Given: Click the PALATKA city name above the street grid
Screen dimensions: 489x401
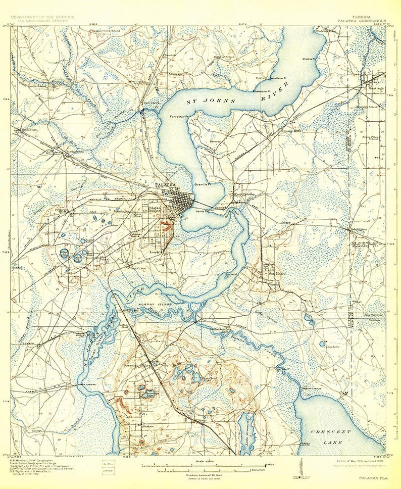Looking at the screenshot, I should click(165, 184).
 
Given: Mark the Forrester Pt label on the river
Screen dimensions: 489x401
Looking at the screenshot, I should click(179, 116).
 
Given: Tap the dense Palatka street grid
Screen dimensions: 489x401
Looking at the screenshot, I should click(177, 200).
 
